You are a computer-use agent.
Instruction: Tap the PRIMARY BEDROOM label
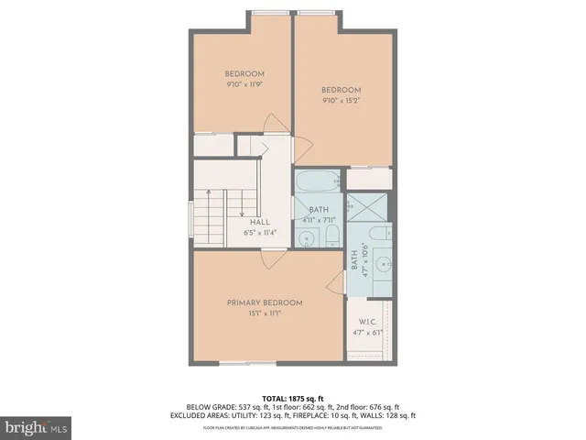265,302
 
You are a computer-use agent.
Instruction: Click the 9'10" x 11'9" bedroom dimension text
244,85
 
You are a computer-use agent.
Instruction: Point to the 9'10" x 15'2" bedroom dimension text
342,101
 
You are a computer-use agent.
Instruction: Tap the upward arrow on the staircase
210,197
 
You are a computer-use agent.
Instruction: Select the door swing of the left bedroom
272,125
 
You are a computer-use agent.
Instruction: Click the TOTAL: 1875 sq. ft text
292,397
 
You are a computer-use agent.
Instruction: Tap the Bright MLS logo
35,426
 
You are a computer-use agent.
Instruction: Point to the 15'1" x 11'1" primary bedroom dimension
265,313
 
